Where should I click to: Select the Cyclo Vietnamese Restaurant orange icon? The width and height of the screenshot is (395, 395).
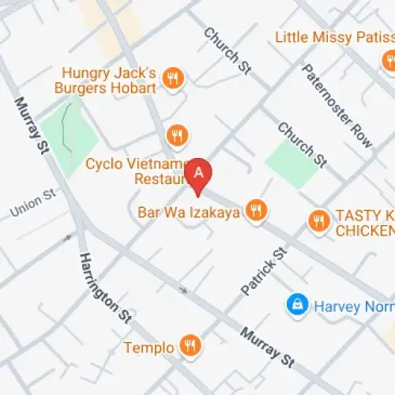[x=179, y=137]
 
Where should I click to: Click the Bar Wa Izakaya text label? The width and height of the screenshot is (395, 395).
[x=188, y=212]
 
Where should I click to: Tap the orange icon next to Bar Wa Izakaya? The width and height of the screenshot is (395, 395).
[x=255, y=210]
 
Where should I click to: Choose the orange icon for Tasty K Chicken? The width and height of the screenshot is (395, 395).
[x=318, y=220]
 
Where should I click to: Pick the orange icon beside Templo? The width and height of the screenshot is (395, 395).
[x=190, y=345]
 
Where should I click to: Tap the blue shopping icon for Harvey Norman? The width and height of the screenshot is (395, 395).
[x=297, y=304]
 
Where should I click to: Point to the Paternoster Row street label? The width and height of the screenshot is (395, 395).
[x=337, y=104]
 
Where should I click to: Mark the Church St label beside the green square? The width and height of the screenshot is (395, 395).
[x=301, y=144]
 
